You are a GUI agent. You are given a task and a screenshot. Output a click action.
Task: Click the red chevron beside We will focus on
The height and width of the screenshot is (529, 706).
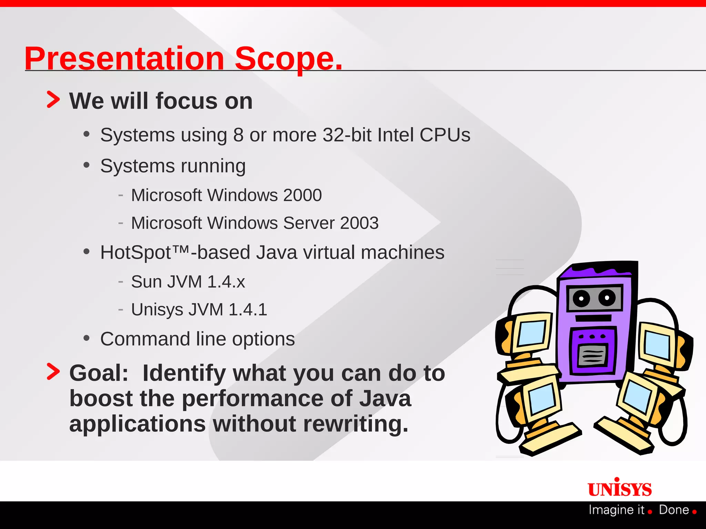53,100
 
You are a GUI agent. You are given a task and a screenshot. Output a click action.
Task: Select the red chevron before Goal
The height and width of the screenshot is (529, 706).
53,372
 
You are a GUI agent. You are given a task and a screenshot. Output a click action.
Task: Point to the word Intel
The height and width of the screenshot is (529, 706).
395,135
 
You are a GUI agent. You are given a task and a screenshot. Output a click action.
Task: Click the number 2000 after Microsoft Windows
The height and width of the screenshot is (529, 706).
302,195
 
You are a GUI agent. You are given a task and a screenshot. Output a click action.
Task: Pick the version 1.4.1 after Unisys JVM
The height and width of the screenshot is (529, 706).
248,310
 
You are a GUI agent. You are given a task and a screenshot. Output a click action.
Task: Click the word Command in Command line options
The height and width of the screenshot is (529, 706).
145,339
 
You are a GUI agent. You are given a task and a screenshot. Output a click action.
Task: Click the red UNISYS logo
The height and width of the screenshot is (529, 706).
619,488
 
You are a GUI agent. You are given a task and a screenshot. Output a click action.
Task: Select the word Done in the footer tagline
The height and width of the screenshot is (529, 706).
674,510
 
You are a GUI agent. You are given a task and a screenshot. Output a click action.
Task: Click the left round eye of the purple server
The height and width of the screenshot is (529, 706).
581,298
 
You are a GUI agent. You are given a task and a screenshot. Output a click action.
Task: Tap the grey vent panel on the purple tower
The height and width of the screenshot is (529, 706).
592,355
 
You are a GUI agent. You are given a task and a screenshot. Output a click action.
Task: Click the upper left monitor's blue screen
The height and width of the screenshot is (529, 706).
532,333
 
